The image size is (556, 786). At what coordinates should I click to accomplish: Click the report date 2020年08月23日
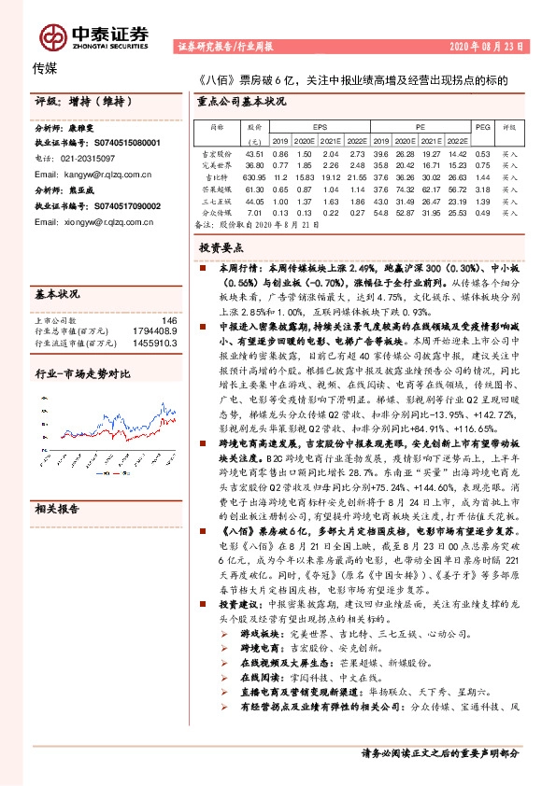[494, 45]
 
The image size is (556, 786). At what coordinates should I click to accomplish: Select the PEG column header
[482, 125]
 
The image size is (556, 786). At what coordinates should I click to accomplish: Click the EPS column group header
[320, 125]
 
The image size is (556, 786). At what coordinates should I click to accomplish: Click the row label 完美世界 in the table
[216, 163]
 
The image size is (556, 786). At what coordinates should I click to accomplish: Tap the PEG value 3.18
[482, 188]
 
